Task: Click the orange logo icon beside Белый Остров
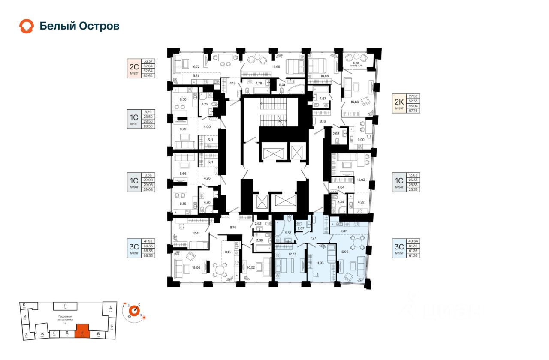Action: click(x=26, y=26)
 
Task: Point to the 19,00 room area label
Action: click(x=196, y=267)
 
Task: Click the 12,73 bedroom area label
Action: click(x=292, y=254)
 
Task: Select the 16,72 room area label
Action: click(x=196, y=67)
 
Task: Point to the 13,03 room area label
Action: click(x=362, y=180)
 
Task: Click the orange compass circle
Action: click(x=135, y=310)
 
